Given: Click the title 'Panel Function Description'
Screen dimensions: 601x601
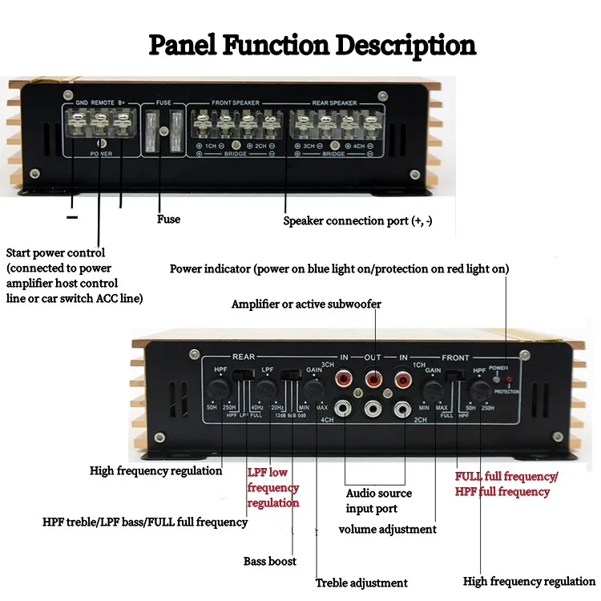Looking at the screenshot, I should [x=313, y=45].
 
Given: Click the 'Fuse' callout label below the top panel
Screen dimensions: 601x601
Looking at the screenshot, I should [x=169, y=219].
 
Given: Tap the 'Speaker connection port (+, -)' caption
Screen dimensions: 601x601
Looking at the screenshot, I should [x=357, y=220].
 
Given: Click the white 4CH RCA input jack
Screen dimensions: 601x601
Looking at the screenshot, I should [x=345, y=409].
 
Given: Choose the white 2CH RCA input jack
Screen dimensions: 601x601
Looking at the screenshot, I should [x=403, y=409].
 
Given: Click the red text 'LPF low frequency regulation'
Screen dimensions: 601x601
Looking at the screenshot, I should [x=273, y=488].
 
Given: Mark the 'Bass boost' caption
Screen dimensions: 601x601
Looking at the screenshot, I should [x=270, y=561].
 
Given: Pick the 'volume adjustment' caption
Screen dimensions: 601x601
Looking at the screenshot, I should [x=388, y=529].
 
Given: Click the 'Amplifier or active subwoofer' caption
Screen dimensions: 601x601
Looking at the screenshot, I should [x=306, y=305].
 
